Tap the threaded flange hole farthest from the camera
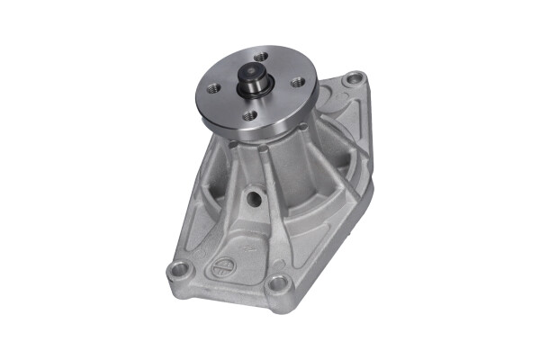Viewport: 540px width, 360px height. (260, 56)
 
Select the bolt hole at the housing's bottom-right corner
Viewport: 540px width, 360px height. (280, 284)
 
